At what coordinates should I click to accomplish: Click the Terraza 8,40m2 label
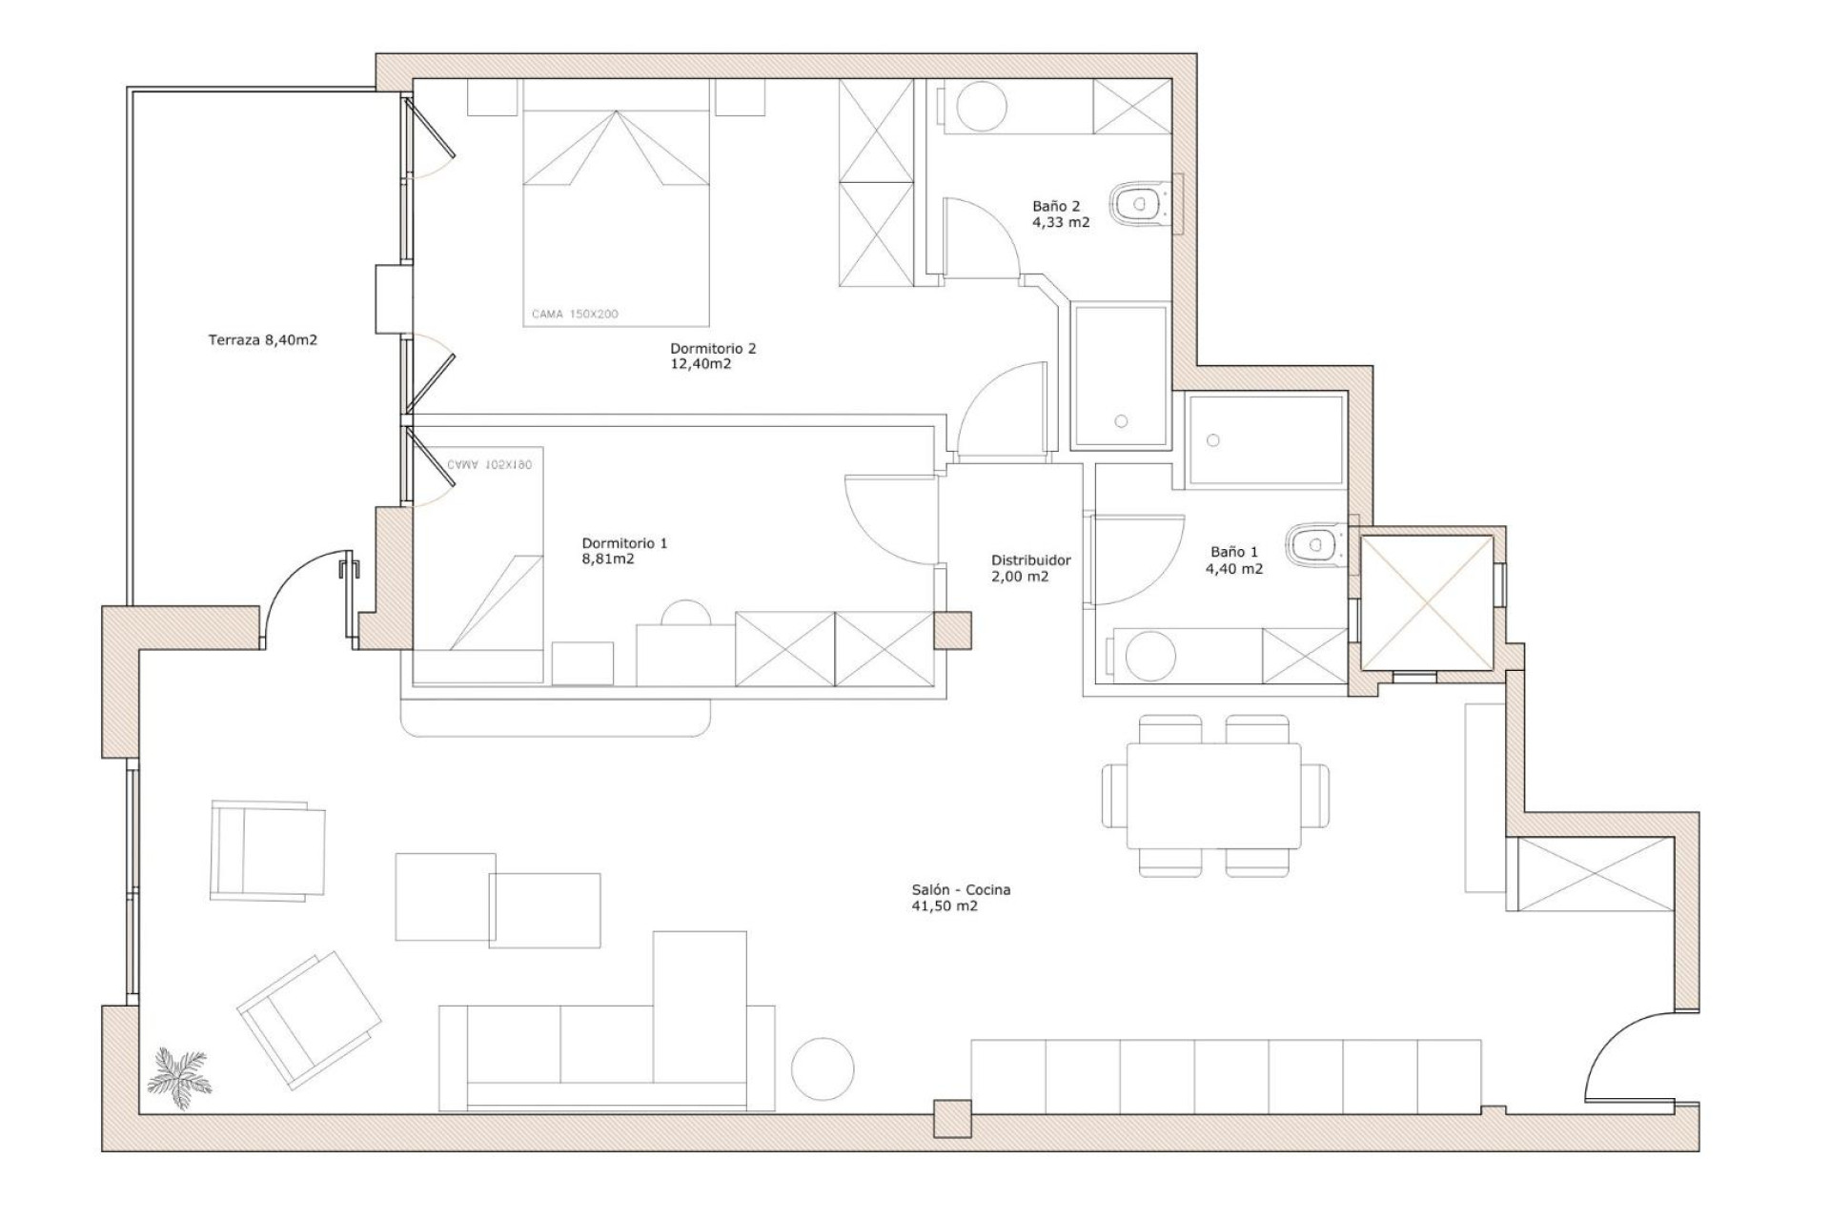(x=262, y=339)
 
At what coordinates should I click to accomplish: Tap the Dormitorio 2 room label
(x=713, y=356)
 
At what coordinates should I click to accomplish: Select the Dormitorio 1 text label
(x=624, y=551)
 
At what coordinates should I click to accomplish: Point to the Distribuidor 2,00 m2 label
(x=1030, y=568)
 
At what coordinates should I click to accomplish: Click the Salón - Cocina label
(x=960, y=898)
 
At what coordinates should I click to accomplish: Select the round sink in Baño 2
(x=981, y=106)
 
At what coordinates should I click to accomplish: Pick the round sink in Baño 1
(x=1150, y=657)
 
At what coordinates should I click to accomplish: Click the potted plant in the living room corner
(x=180, y=1078)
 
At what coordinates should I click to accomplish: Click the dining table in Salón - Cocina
(x=1213, y=796)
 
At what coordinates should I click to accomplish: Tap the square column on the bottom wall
(x=952, y=1119)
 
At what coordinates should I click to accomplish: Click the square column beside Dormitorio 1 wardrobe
(x=952, y=630)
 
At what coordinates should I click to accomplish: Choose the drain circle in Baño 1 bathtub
(x=1212, y=440)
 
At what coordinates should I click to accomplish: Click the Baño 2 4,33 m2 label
(x=1060, y=214)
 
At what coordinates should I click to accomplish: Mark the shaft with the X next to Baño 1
(x=1426, y=602)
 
